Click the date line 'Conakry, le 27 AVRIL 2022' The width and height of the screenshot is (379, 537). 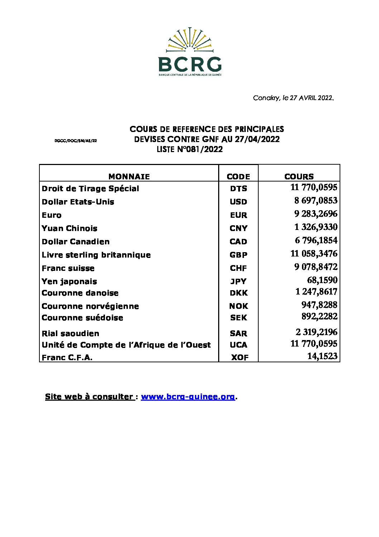pos(293,98)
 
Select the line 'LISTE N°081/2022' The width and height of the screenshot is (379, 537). pos(189,150)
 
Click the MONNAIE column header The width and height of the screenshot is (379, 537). pos(129,176)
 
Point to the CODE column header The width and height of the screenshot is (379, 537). pos(238,176)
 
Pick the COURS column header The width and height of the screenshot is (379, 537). pos(299,176)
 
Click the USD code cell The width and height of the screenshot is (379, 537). pos(238,202)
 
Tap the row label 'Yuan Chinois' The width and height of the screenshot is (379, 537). pos(69,229)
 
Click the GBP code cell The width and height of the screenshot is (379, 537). pos(238,255)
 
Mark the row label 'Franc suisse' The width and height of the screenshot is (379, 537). pos(68,268)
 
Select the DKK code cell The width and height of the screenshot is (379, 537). pos(238,293)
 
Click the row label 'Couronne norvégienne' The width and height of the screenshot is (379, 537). pos(90,306)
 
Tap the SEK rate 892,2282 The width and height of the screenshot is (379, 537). pos(319,316)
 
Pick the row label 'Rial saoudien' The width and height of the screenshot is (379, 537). pos(71,334)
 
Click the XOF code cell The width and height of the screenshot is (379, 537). pos(240,358)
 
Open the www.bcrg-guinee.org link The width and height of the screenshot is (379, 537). pos(188,397)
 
